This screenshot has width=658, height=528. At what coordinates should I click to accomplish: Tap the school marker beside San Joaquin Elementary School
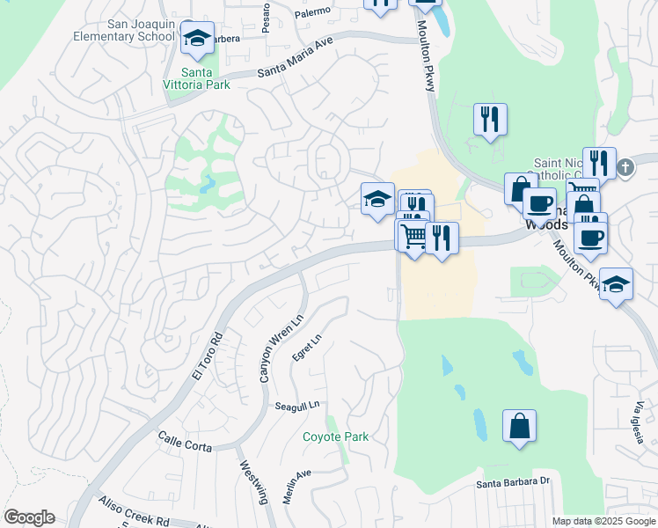198,38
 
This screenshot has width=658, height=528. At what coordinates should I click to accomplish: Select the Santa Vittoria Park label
205,78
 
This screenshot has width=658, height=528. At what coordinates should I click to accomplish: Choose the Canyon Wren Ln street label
278,348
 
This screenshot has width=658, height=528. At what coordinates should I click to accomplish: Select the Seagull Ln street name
295,407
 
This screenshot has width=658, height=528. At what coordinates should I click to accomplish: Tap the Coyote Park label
335,436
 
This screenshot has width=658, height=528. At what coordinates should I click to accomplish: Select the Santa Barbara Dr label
513,481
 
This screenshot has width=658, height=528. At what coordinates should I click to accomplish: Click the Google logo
29,517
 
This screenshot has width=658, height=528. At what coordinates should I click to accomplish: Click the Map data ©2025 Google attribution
603,521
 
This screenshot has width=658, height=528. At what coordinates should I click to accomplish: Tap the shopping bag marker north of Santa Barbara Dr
519,427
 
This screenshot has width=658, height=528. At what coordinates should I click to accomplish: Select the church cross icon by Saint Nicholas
625,166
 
